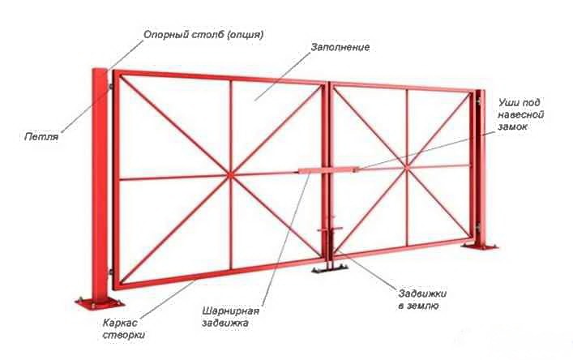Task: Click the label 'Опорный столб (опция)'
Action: pyautogui.click(x=203, y=35)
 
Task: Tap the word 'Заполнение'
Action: pyautogui.click(x=340, y=48)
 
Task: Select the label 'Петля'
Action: pyautogui.click(x=41, y=137)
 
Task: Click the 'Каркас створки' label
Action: pyautogui.click(x=123, y=329)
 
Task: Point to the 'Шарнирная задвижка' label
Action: pyautogui.click(x=231, y=316)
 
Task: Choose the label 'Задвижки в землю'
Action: pyautogui.click(x=422, y=300)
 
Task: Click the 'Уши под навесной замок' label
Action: pyautogui.click(x=520, y=114)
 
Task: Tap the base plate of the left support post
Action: pyautogui.click(x=100, y=303)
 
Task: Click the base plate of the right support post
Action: pyautogui.click(x=480, y=246)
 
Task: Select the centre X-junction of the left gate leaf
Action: pyautogui.click(x=230, y=175)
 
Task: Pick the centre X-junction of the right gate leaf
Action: pyautogui.click(x=406, y=167)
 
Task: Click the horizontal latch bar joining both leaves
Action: pyautogui.click(x=328, y=170)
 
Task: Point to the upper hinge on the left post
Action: pyautogui.click(x=110, y=87)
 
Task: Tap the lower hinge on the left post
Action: pyautogui.click(x=110, y=272)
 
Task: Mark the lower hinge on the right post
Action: pyautogui.click(x=477, y=228)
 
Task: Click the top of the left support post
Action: pyautogui.click(x=100, y=70)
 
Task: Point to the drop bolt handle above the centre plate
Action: pyautogui.click(x=330, y=229)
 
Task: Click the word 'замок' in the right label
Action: pyautogui.click(x=512, y=126)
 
